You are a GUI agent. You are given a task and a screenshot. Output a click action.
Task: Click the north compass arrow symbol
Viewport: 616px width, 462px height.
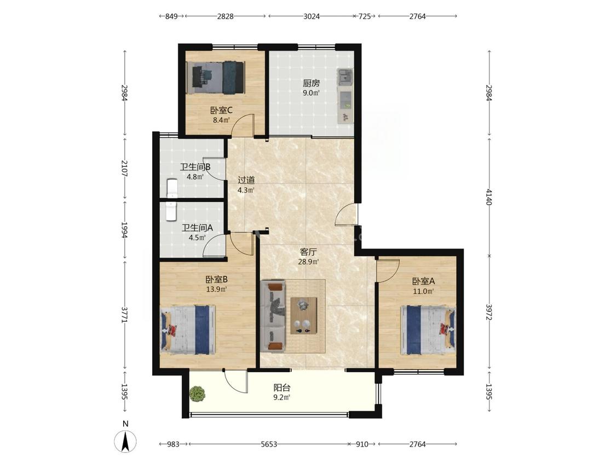[125, 441]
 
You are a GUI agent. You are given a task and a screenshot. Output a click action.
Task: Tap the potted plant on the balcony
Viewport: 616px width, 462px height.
[197, 394]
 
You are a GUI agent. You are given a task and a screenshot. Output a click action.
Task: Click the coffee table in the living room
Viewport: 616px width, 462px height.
[304, 315]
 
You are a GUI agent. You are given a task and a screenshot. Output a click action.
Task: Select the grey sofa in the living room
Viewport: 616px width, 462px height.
[273, 315]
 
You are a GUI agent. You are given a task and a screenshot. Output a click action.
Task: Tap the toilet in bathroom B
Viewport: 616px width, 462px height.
[172, 188]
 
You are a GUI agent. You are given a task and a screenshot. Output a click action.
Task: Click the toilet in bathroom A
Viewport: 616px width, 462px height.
[172, 211]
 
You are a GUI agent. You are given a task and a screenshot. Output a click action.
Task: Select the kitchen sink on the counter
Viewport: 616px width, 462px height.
[346, 77]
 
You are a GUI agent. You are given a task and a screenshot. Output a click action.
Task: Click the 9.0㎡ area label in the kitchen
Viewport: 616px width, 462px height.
[311, 93]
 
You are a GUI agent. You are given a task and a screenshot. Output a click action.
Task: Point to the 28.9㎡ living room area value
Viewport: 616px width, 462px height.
[308, 262]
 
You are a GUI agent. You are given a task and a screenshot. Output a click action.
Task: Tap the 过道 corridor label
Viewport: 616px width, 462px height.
[246, 180]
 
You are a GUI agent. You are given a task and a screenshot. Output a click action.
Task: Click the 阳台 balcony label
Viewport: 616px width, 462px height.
[282, 388]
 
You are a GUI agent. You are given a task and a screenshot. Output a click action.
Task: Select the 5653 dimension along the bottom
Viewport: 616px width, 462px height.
[269, 444]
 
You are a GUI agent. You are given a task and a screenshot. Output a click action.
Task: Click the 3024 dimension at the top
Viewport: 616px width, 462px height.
[312, 16]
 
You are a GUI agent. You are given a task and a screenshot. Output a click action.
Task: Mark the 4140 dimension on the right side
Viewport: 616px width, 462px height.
[489, 197]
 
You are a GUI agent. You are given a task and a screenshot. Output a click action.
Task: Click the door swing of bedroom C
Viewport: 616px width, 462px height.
[243, 125]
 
